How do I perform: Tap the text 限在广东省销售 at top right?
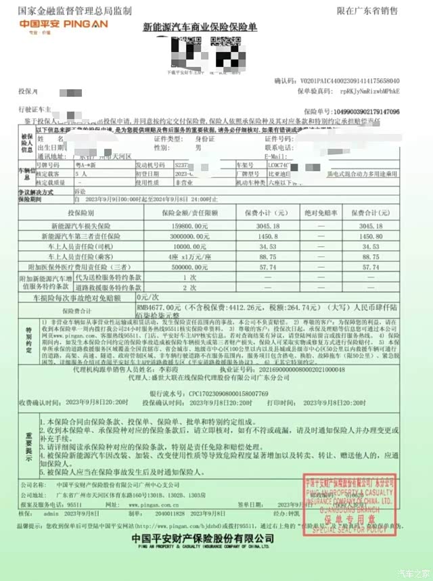[x=367, y=11]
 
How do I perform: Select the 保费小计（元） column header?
[x=258, y=211]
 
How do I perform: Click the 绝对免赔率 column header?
[x=311, y=211]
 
